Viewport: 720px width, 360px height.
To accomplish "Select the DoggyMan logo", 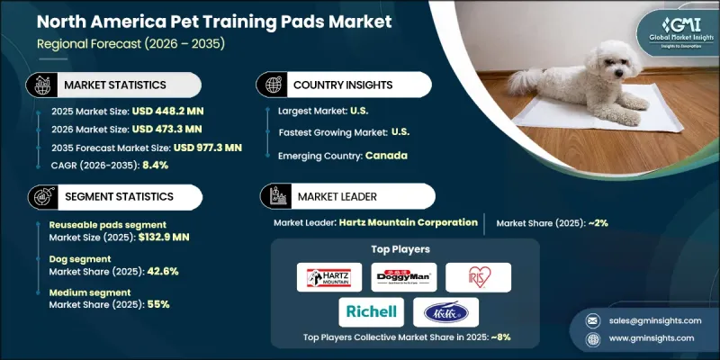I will click(x=403, y=277).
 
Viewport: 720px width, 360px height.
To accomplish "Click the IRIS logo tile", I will click(x=478, y=277).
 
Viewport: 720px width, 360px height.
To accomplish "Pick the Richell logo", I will click(x=369, y=312).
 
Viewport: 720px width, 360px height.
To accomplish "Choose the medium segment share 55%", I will click(x=156, y=304).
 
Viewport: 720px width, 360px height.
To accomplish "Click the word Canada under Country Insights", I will click(x=388, y=155).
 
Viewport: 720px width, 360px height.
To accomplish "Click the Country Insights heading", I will click(x=343, y=85).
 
